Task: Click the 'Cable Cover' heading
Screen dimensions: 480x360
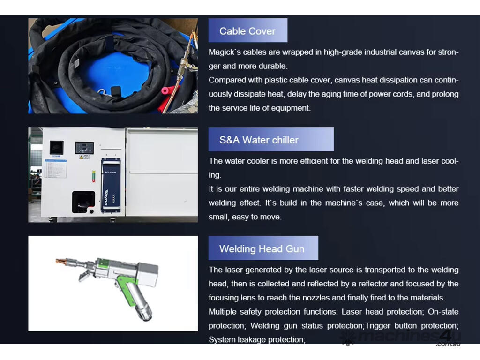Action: click(247, 31)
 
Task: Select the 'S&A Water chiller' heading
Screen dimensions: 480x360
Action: click(259, 140)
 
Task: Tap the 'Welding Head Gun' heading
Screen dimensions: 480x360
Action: click(262, 248)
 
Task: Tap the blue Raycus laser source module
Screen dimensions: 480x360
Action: click(111, 186)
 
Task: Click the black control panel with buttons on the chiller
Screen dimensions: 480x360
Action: click(84, 148)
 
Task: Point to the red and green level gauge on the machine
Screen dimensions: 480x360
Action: click(94, 176)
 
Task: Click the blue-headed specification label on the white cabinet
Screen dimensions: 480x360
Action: click(55, 168)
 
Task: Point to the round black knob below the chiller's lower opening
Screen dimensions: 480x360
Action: click(91, 211)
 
